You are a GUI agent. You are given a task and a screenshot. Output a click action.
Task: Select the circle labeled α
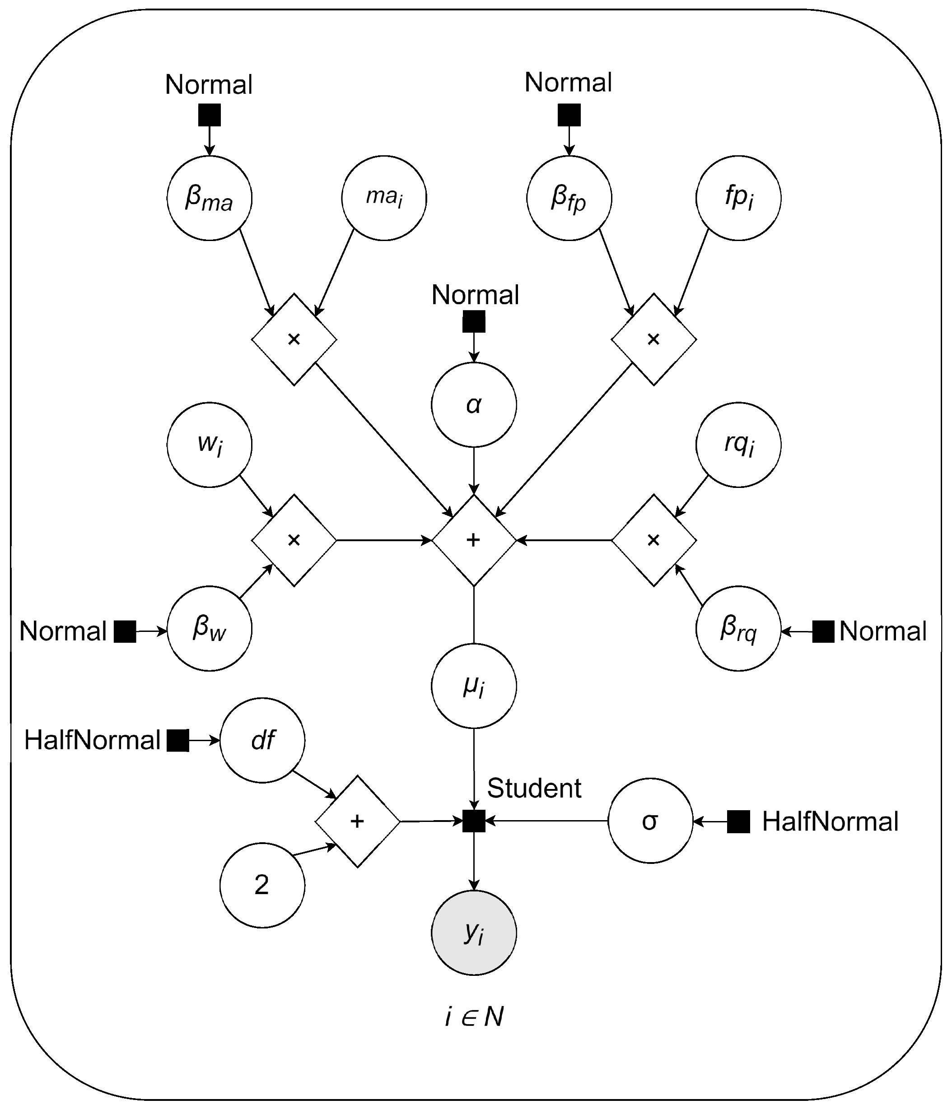point(474,404)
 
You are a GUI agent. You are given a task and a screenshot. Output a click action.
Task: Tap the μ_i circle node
point(474,686)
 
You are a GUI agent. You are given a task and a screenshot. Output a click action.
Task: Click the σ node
point(650,821)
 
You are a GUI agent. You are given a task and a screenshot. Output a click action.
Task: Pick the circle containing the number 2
point(262,885)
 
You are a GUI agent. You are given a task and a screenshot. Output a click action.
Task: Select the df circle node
point(262,740)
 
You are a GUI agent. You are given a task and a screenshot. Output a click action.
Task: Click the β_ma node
point(210,198)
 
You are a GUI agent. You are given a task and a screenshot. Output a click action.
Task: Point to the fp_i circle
point(738,198)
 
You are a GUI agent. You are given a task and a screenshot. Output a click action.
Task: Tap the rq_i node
point(738,445)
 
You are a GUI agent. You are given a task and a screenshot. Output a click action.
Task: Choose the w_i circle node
point(210,445)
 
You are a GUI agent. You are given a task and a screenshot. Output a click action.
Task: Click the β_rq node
point(738,628)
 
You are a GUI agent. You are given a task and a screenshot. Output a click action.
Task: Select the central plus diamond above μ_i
point(474,540)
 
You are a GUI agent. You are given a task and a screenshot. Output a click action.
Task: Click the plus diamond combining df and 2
point(357,821)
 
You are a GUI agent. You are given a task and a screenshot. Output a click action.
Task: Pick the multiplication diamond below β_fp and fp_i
point(654,339)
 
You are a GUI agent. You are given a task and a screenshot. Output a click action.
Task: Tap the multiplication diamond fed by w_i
point(294,540)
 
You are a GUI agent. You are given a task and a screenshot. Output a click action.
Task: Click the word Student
point(534,789)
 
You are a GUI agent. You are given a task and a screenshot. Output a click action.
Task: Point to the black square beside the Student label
point(474,821)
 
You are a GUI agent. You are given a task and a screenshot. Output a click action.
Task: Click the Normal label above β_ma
point(209,84)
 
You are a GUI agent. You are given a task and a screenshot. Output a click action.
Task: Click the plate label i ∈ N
point(474,1017)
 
